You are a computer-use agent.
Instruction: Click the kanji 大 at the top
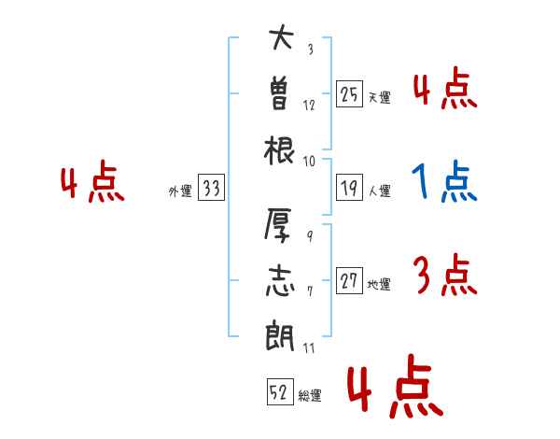280,40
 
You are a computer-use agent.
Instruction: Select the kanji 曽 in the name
280,93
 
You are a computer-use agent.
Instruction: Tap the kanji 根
280,149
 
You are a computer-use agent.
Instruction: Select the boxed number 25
349,93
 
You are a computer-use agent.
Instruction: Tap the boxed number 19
349,188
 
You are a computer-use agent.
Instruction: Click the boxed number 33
210,188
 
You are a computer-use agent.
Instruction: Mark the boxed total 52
278,393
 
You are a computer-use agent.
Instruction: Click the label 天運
378,96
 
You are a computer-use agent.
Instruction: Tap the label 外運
179,191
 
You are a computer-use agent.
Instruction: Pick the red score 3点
443,276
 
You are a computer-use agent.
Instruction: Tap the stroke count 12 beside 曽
309,105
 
